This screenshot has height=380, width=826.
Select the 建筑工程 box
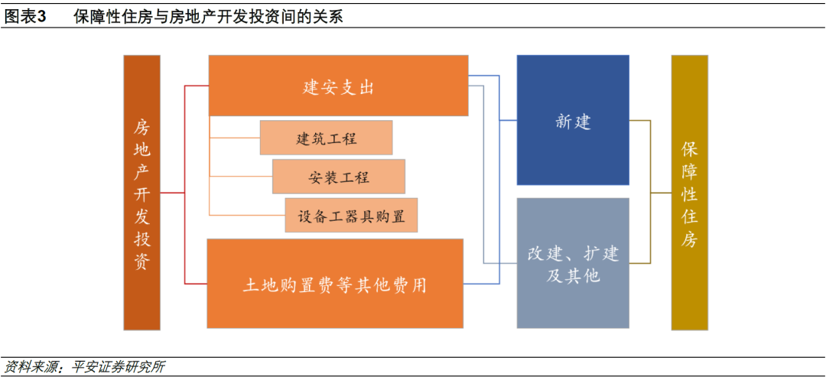(326, 138)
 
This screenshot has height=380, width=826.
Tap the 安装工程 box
(339, 177)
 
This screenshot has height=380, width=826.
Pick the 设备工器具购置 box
(351, 216)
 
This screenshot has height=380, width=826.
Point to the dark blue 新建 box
(573, 120)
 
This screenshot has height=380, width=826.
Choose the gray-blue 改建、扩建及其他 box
(573, 263)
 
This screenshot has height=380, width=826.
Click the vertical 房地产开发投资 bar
(141, 193)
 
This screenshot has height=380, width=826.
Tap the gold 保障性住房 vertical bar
(689, 193)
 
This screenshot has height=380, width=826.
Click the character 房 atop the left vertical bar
(141, 125)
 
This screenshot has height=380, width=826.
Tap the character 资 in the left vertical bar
(141, 262)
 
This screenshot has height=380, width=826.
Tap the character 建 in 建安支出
(311, 87)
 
